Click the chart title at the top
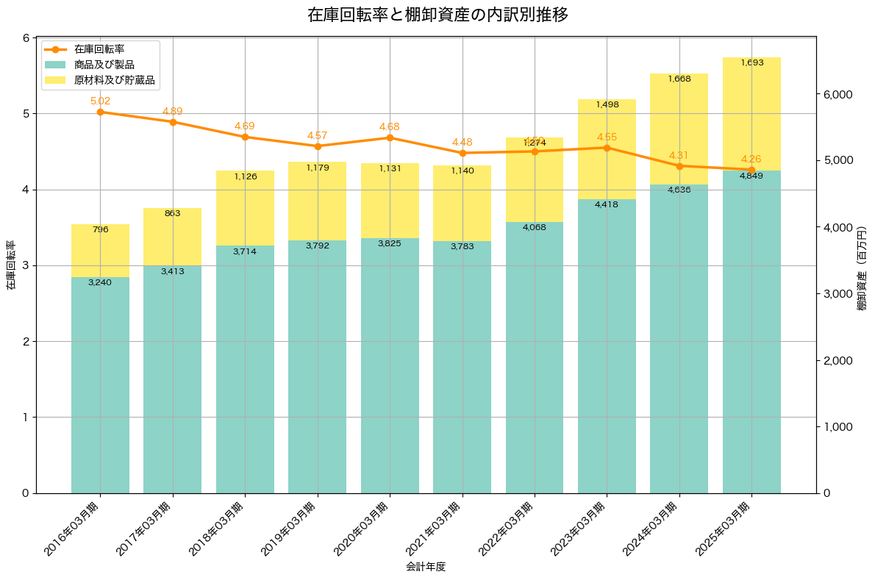(x=438, y=15)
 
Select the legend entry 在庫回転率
(x=99, y=49)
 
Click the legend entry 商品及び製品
(x=104, y=65)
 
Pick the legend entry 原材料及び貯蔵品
(x=115, y=80)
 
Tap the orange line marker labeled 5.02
(x=100, y=112)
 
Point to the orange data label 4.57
(x=318, y=135)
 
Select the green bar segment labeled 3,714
(x=245, y=368)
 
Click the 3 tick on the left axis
(x=25, y=265)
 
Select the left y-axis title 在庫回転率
(x=10, y=265)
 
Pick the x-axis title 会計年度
(x=426, y=567)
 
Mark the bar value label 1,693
(x=751, y=62)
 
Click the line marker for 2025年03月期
(x=751, y=170)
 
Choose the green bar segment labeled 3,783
(x=462, y=368)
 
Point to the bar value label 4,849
(x=751, y=176)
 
